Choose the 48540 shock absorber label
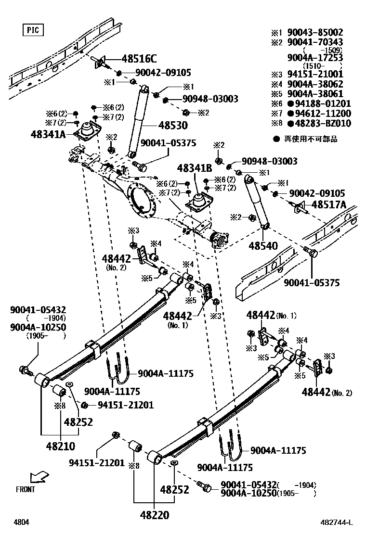coord(263,246)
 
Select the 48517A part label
coord(329,204)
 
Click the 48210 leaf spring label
coord(61,446)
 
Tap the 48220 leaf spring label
coord(155,515)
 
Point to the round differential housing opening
coord(144,201)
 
